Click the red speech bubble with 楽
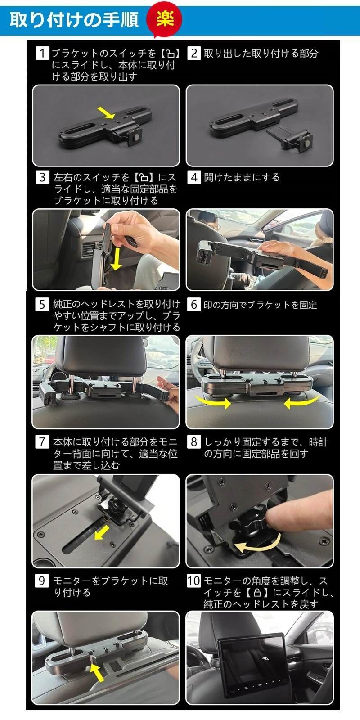pos(165,19)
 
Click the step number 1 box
pos(42,53)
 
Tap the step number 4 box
pos(194,177)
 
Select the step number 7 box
pos(42,441)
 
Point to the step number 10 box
pos(194,580)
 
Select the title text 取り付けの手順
pos(74,20)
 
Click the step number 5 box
pos(42,304)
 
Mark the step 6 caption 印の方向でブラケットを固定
pos(260,305)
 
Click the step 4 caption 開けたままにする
pos(242,177)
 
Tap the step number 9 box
pos(42,580)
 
